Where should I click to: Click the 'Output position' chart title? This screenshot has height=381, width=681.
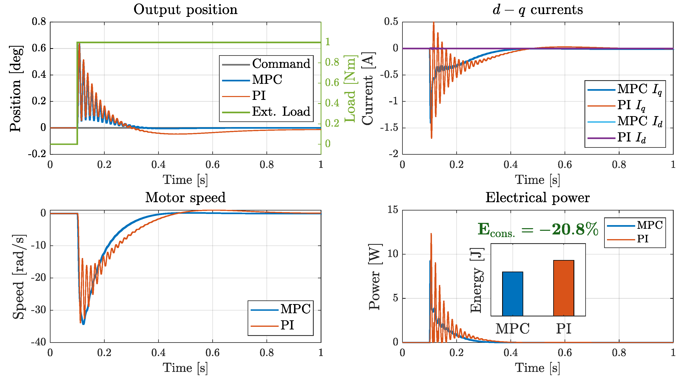coord(185,10)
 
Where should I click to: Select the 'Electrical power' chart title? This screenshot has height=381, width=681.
coord(537,198)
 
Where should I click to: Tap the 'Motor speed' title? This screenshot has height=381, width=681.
coord(185,198)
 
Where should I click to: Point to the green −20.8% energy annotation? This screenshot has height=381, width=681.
coord(538,229)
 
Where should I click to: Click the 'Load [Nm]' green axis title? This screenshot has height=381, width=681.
coord(350,89)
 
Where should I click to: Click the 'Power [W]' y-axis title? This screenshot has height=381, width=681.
coord(375,276)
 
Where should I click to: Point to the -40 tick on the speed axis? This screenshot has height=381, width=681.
coord(39,342)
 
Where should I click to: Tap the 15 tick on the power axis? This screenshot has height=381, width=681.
coord(393,210)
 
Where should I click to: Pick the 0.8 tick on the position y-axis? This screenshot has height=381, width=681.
coord(39,22)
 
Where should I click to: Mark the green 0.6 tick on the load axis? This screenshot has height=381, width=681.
coord(332,83)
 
